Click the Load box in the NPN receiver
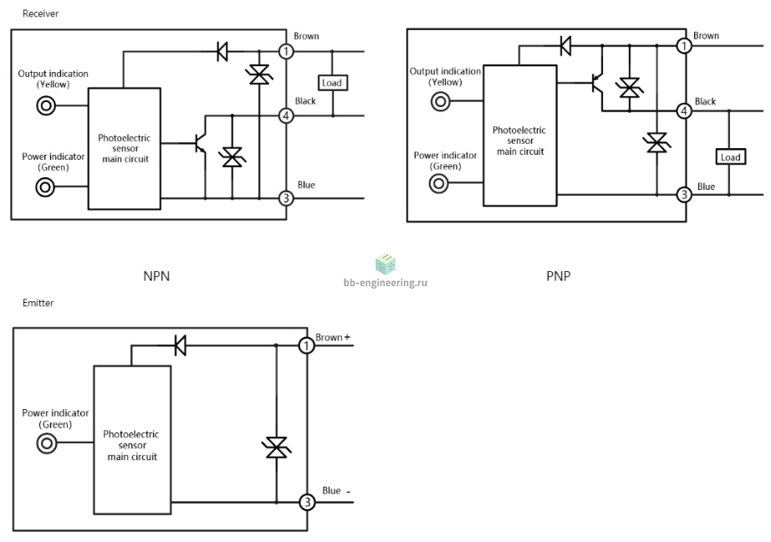(333, 83)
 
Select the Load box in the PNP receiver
(730, 157)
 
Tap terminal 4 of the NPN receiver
(286, 116)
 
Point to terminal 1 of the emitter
(307, 345)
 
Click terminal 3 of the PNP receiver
(683, 195)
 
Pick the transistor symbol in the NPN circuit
(200, 143)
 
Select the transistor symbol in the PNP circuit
(597, 84)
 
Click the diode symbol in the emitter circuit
(181, 345)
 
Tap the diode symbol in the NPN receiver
(222, 51)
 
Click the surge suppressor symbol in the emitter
(276, 447)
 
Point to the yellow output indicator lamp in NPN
(46, 105)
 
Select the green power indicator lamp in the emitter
(47, 443)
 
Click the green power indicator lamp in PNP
(439, 183)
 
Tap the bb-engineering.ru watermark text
(385, 283)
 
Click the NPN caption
(156, 276)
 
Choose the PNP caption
(559, 276)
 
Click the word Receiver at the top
(40, 13)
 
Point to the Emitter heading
(38, 303)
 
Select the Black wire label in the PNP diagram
(705, 101)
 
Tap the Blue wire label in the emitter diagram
(331, 490)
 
